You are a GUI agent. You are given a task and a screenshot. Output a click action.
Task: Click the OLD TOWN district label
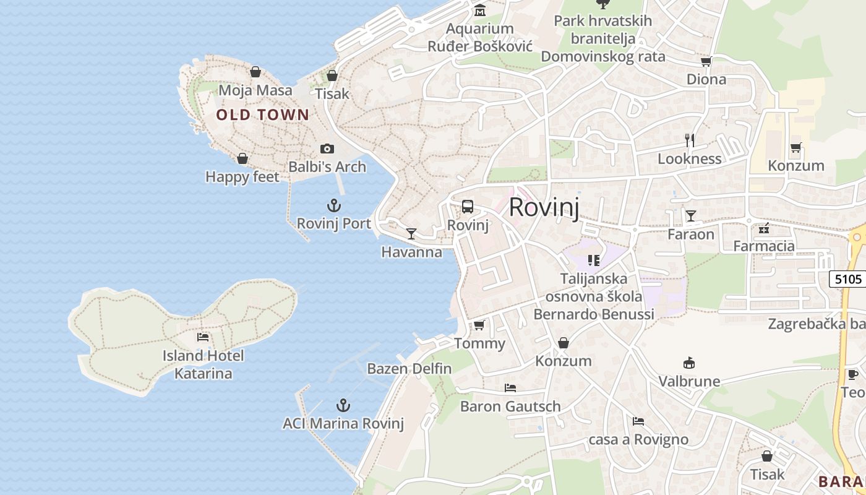262,114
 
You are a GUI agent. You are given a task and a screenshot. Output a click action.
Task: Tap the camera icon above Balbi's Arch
327,148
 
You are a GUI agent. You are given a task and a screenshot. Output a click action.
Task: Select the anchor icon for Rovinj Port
334,205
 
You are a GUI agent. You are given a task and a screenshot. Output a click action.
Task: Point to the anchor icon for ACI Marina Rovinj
343,405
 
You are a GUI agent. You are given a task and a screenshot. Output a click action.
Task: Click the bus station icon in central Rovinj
468,207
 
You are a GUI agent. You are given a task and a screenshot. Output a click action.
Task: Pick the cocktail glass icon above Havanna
411,234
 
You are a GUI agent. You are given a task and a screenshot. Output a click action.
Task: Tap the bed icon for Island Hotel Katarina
203,337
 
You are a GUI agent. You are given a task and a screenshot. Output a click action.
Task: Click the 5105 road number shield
847,279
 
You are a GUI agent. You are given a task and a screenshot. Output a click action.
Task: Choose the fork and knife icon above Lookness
690,140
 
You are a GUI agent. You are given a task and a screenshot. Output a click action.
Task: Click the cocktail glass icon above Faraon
690,216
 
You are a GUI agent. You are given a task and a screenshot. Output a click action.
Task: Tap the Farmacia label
764,246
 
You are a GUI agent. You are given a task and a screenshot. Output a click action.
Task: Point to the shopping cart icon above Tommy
479,325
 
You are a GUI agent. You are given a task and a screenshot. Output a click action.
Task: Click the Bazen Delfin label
409,369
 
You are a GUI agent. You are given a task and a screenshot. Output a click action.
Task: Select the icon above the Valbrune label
688,363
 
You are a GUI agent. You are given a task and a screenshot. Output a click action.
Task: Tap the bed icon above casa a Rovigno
638,421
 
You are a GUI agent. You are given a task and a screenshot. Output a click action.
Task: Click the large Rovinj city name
544,207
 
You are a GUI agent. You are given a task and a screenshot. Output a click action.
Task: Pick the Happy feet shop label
242,177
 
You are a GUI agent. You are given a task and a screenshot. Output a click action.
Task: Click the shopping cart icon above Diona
706,61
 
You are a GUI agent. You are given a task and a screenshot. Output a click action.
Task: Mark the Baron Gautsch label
510,407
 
